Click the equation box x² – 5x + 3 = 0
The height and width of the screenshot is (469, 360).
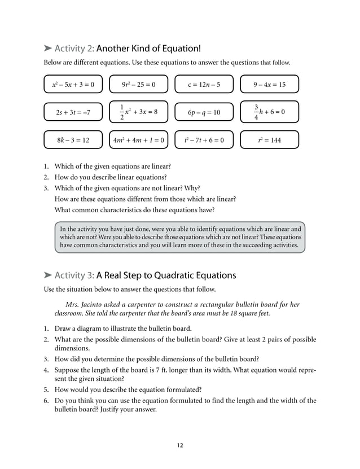click(73, 85)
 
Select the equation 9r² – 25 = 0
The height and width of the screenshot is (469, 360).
click(138, 85)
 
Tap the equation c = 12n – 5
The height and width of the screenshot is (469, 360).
click(204, 85)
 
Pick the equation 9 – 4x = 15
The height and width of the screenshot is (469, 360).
click(269, 85)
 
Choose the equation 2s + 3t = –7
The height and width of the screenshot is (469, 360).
click(73, 112)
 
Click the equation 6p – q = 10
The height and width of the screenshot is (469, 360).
click(204, 112)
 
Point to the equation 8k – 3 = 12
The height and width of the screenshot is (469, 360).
click(73, 139)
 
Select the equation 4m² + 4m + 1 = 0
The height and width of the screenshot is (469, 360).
click(138, 139)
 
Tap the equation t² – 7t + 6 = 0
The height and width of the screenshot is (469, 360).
click(204, 139)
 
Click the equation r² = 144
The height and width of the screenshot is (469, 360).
click(269, 139)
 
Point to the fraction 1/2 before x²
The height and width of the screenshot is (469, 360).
click(121, 112)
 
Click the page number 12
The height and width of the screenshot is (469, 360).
click(179, 445)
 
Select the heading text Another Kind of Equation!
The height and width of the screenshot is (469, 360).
click(148, 49)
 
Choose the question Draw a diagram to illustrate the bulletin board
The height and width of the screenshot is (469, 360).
click(123, 328)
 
